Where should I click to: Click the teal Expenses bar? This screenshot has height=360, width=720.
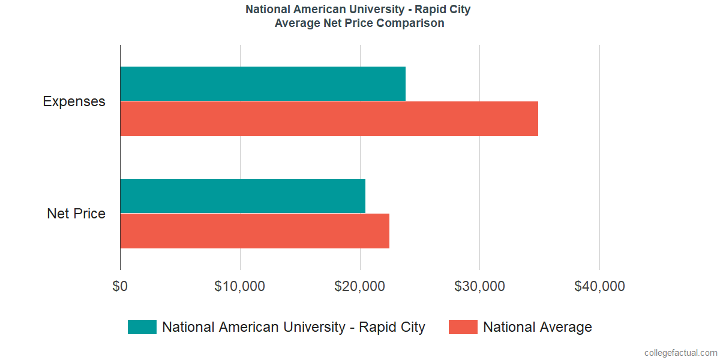tap(263, 84)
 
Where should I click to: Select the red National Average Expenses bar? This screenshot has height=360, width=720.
tap(329, 119)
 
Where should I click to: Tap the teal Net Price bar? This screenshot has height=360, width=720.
tap(242, 196)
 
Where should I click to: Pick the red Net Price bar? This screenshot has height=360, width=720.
tap(254, 231)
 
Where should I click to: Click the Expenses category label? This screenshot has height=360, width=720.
tap(74, 101)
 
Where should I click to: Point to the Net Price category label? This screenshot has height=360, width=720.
tap(76, 214)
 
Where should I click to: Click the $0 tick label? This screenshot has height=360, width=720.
tap(120, 287)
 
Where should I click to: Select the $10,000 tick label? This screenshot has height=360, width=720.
tap(239, 287)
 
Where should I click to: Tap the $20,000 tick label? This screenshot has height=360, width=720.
tap(359, 287)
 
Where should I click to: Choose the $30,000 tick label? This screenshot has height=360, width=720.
tap(479, 287)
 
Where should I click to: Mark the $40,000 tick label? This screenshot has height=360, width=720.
tap(599, 287)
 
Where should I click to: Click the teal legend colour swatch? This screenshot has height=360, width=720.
tap(142, 327)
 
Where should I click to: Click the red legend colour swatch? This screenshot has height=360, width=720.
tap(463, 327)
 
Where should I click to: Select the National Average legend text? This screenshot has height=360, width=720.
tap(537, 327)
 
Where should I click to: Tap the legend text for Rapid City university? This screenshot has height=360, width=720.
tap(293, 327)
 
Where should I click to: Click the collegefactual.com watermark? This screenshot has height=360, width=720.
tap(680, 353)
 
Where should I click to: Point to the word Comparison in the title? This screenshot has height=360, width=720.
tap(415, 23)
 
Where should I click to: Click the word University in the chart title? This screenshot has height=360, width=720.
tap(370, 10)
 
